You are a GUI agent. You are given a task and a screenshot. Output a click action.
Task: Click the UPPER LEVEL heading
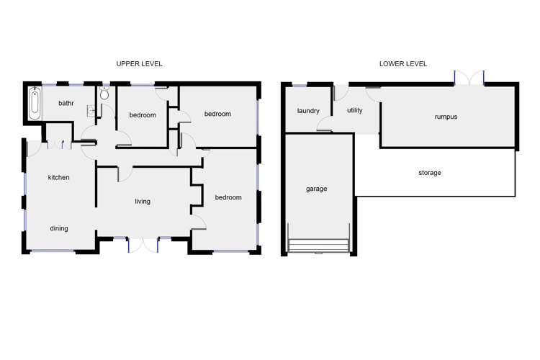[x=139, y=63]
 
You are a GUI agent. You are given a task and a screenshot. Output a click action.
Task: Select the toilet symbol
[x=105, y=93]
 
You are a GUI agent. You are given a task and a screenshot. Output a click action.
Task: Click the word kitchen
[x=58, y=177]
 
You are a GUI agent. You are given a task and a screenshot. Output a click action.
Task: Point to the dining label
[x=58, y=229]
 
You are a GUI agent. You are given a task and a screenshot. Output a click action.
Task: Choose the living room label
[x=143, y=202]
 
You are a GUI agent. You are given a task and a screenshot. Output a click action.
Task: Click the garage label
[x=316, y=189]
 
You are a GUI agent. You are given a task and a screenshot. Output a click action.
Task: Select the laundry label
[x=307, y=111]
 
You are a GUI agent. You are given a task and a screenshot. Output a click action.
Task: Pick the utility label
[x=354, y=110]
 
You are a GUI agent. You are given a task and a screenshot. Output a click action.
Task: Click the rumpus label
[x=446, y=116]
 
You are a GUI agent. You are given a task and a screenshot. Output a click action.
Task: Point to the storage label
[x=429, y=173]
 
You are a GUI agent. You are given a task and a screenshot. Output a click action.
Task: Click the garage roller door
[x=318, y=246]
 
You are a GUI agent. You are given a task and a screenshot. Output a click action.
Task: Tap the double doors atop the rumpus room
[x=469, y=78]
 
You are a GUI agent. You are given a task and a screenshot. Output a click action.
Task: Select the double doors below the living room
[x=143, y=244]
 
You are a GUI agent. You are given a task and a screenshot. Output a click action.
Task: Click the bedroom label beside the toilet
[x=143, y=115]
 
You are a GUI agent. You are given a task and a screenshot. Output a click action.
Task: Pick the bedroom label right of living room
[x=228, y=197]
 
